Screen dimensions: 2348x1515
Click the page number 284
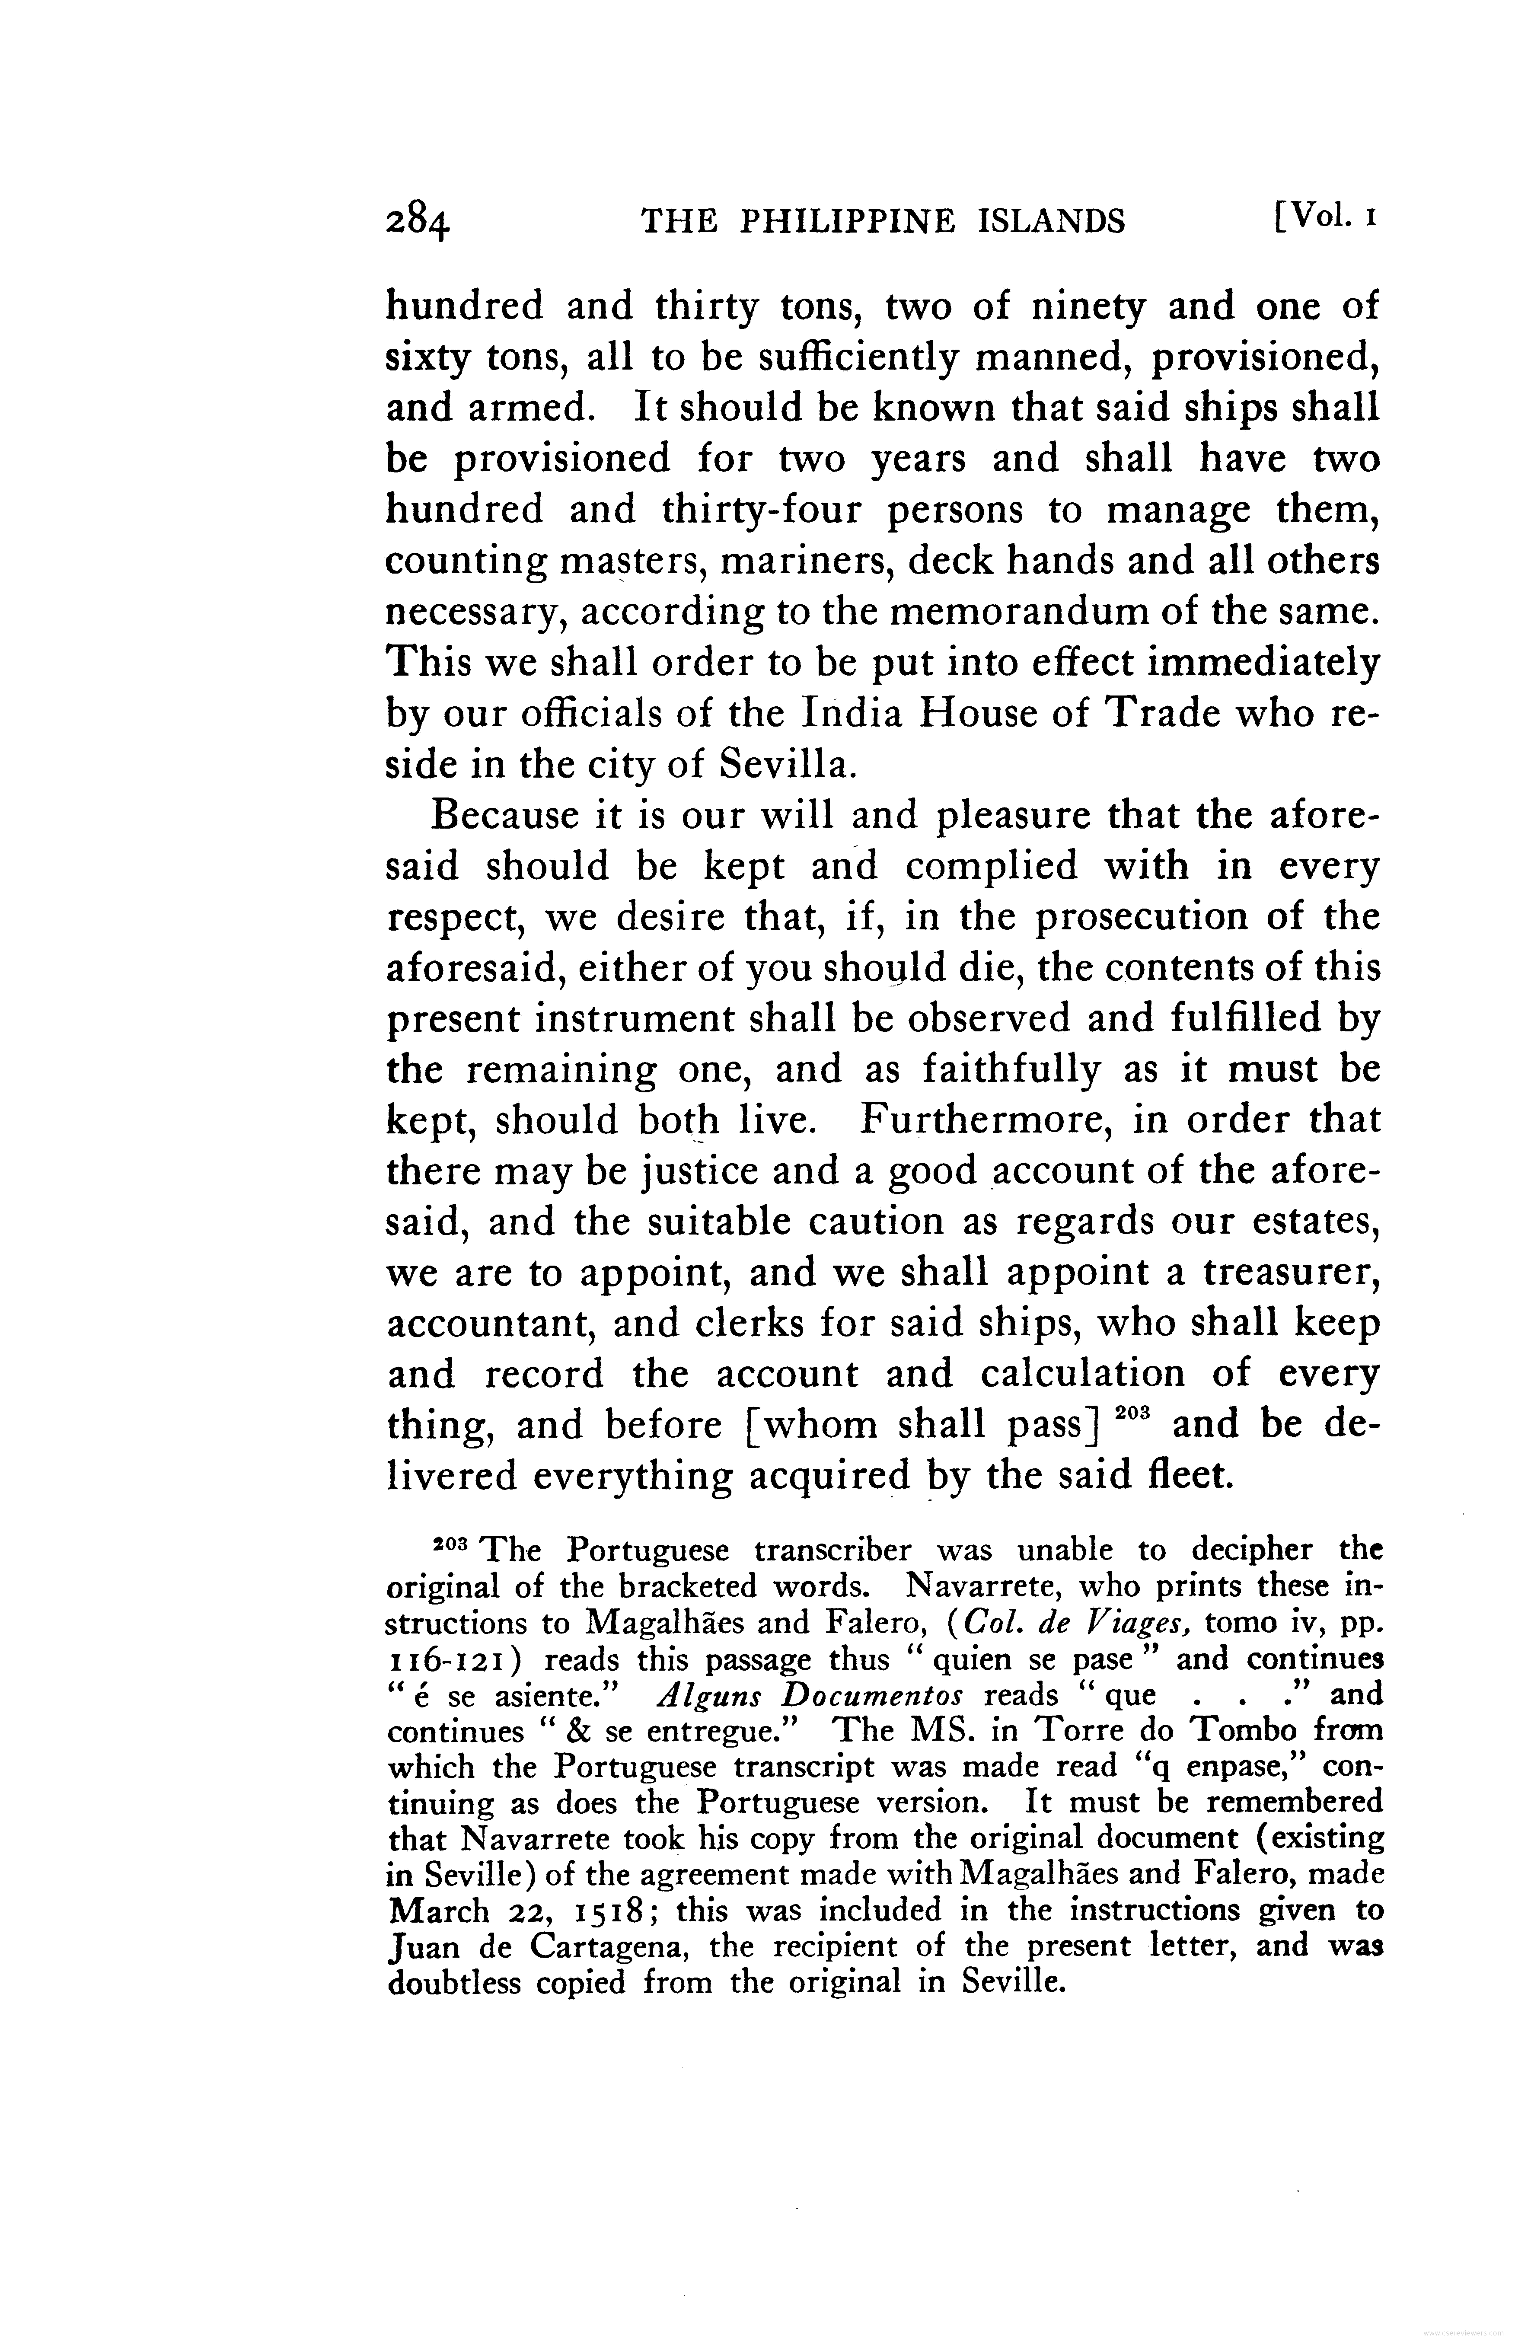click(418, 222)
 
